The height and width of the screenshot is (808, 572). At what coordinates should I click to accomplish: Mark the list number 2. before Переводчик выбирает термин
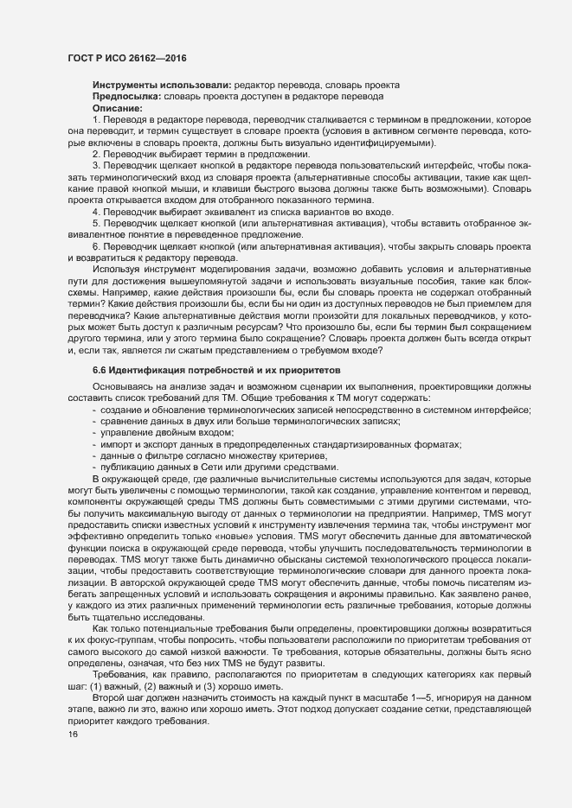pyautogui.click(x=96, y=153)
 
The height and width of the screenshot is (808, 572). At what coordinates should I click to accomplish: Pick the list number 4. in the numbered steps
pyautogui.click(x=96, y=212)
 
